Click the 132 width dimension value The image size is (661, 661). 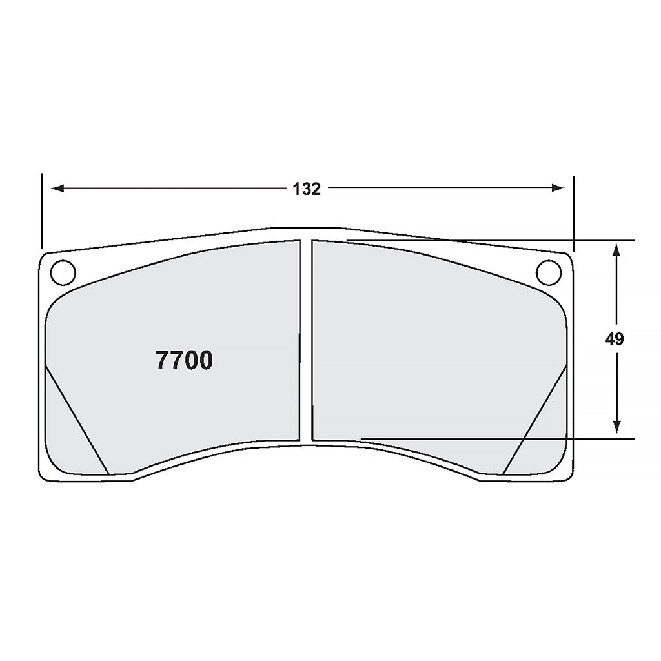[307, 189]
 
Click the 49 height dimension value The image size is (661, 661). [615, 340]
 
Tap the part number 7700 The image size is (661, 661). [184, 361]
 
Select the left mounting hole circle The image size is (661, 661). [63, 271]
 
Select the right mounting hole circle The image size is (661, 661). [549, 271]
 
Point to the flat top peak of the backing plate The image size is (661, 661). [306, 227]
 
